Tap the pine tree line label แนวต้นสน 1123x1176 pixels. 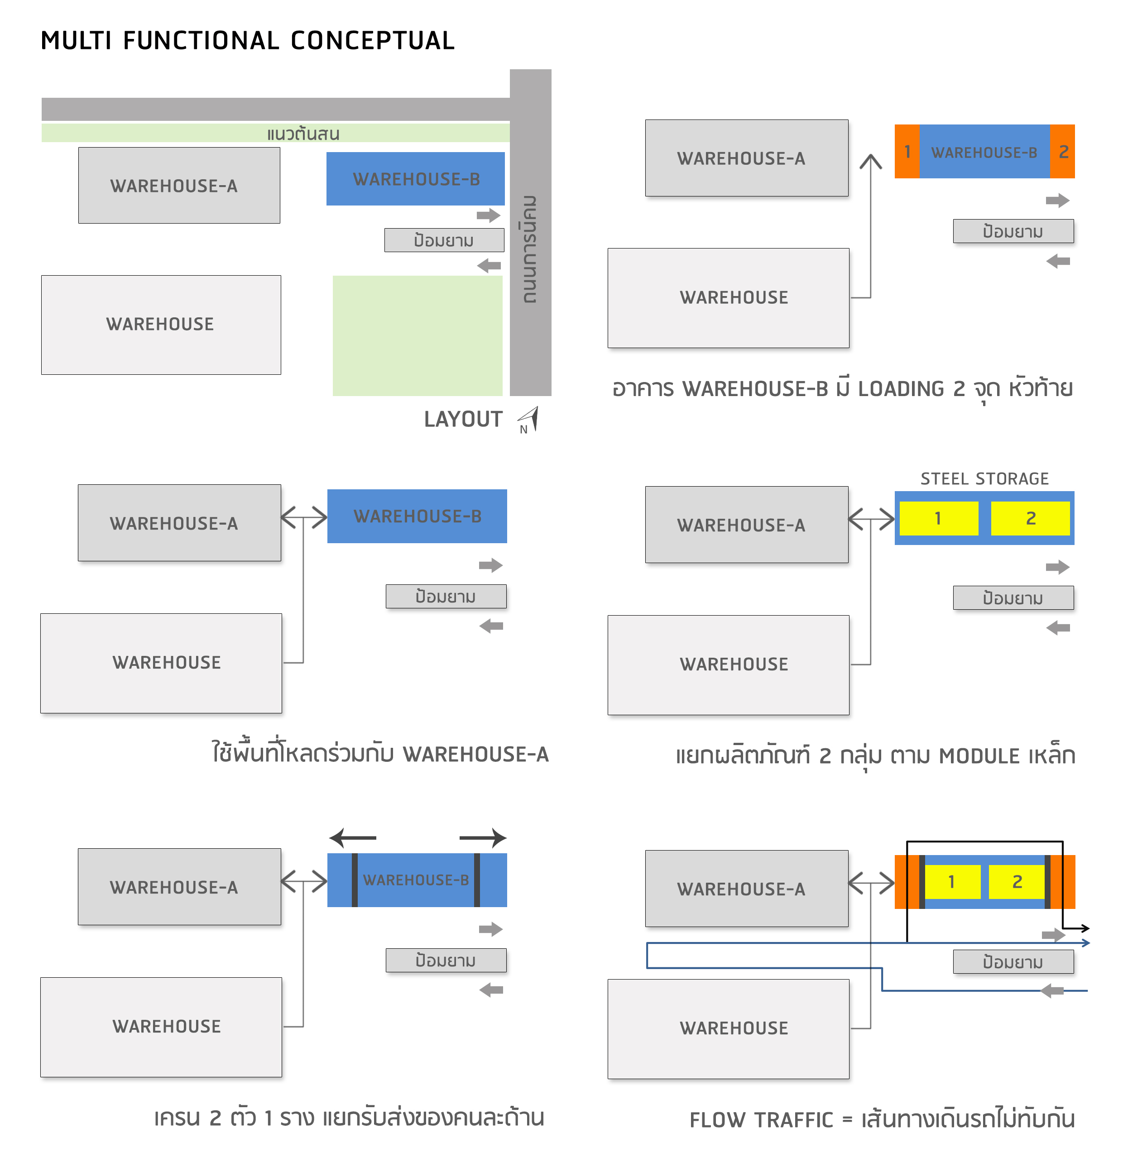[303, 134]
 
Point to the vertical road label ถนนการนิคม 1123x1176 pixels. [530, 249]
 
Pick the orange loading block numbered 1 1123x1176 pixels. [907, 152]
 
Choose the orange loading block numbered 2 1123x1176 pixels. [1062, 152]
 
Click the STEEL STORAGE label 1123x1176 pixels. [985, 479]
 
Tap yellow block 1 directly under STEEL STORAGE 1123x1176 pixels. [939, 518]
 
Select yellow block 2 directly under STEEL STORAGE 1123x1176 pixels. [1030, 518]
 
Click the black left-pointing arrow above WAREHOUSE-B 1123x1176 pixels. [353, 838]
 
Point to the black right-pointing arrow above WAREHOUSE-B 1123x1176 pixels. [483, 838]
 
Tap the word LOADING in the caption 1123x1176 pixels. [901, 389]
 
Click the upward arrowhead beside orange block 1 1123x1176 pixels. [871, 161]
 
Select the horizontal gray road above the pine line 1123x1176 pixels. [275, 110]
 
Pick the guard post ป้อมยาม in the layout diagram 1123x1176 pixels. [444, 240]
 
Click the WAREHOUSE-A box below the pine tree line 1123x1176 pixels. [179, 186]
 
